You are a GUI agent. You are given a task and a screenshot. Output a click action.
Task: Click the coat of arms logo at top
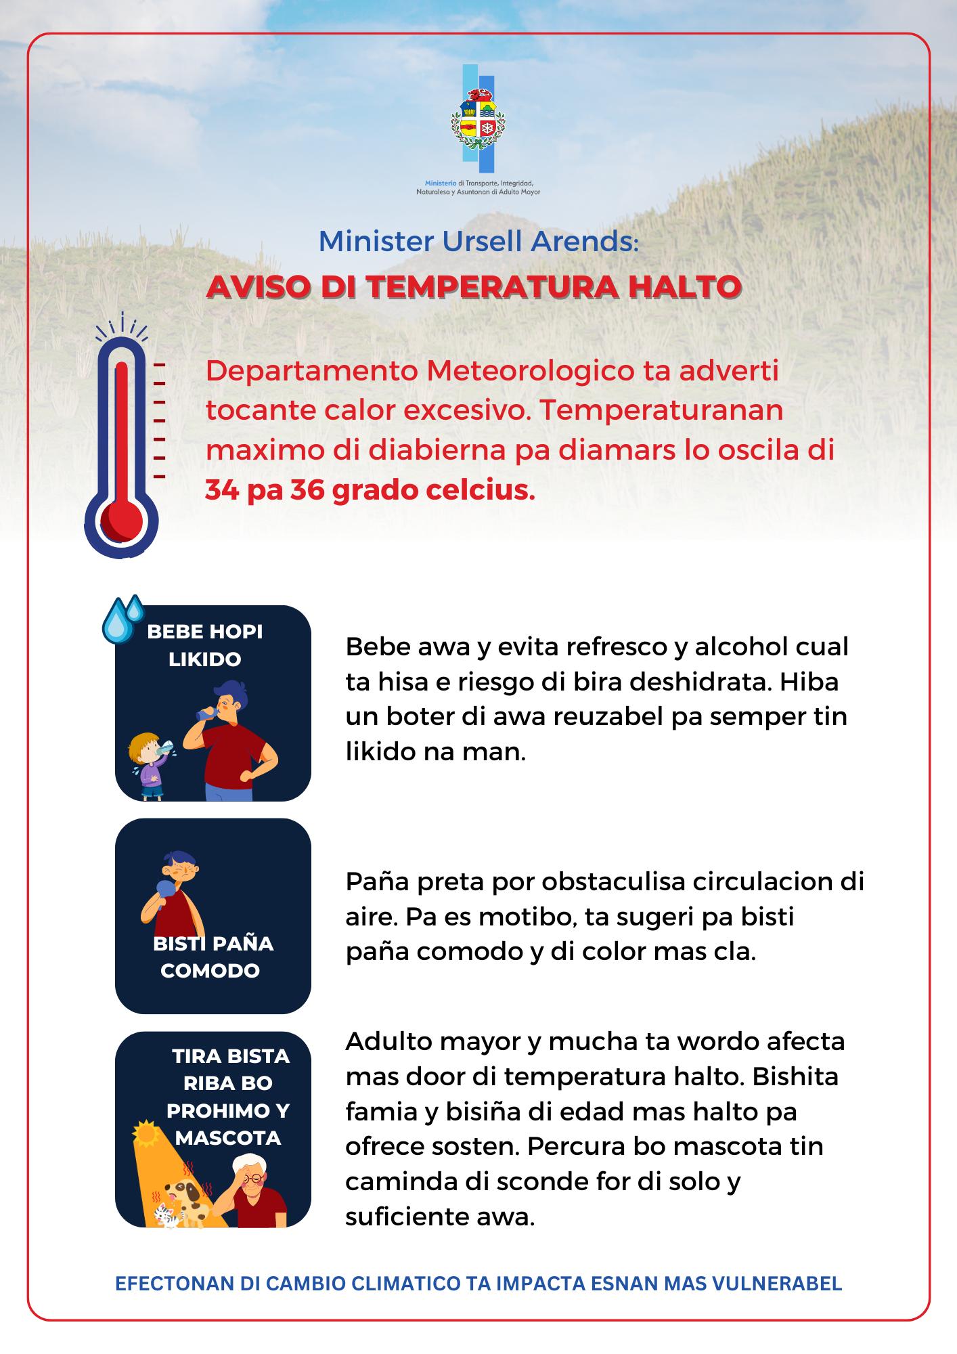(478, 119)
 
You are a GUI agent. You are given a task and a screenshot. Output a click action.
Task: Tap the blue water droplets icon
(122, 619)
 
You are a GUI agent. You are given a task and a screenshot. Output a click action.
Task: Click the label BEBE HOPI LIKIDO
(204, 645)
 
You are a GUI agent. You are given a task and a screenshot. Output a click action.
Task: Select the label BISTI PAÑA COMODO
(213, 957)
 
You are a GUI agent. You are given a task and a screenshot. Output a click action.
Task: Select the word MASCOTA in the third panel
(227, 1138)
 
